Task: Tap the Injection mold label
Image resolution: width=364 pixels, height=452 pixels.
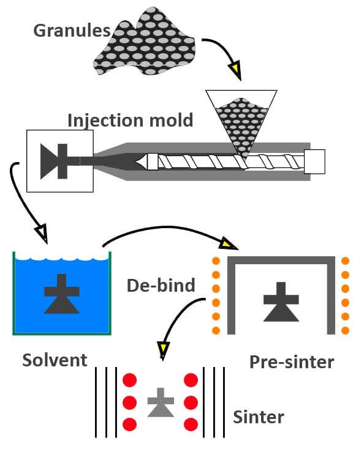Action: point(130,119)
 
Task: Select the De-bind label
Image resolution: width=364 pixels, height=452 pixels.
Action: point(161,285)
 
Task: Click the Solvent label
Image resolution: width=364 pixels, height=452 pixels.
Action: point(55,360)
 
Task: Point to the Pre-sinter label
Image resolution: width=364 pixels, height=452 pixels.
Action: point(292,361)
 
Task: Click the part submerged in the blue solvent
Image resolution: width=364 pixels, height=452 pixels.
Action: point(61,294)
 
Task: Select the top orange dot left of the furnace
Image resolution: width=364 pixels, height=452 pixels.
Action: point(216,261)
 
